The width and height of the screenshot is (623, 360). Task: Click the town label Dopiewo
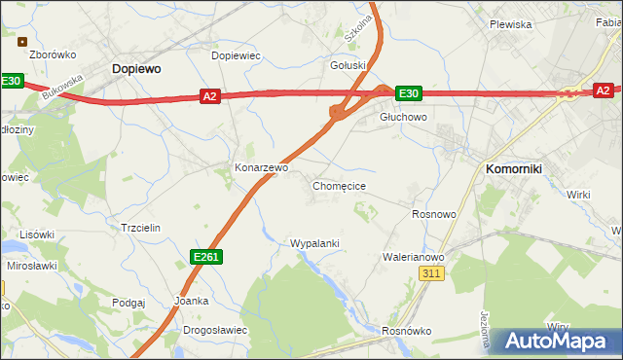[x=136, y=69]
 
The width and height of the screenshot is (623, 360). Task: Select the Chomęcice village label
[x=339, y=185]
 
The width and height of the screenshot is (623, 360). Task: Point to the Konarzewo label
[x=262, y=167]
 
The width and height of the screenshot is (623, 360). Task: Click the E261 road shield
[x=205, y=256]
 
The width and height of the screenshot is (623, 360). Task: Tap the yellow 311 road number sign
[x=433, y=274]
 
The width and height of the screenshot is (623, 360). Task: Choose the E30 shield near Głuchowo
[x=409, y=93]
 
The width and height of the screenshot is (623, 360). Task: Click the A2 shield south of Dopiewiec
[x=210, y=96]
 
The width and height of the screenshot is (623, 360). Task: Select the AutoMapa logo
[x=557, y=341]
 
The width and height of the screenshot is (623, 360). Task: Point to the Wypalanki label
[x=314, y=242]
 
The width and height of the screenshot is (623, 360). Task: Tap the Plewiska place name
[x=510, y=24]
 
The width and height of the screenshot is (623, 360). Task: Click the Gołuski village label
[x=348, y=65]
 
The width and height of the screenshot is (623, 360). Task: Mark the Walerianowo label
[x=413, y=257]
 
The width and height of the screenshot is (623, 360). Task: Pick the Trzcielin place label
[x=139, y=227]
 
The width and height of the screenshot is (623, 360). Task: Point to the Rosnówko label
[x=406, y=331]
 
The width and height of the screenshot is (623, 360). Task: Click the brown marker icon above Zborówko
[x=22, y=41]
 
